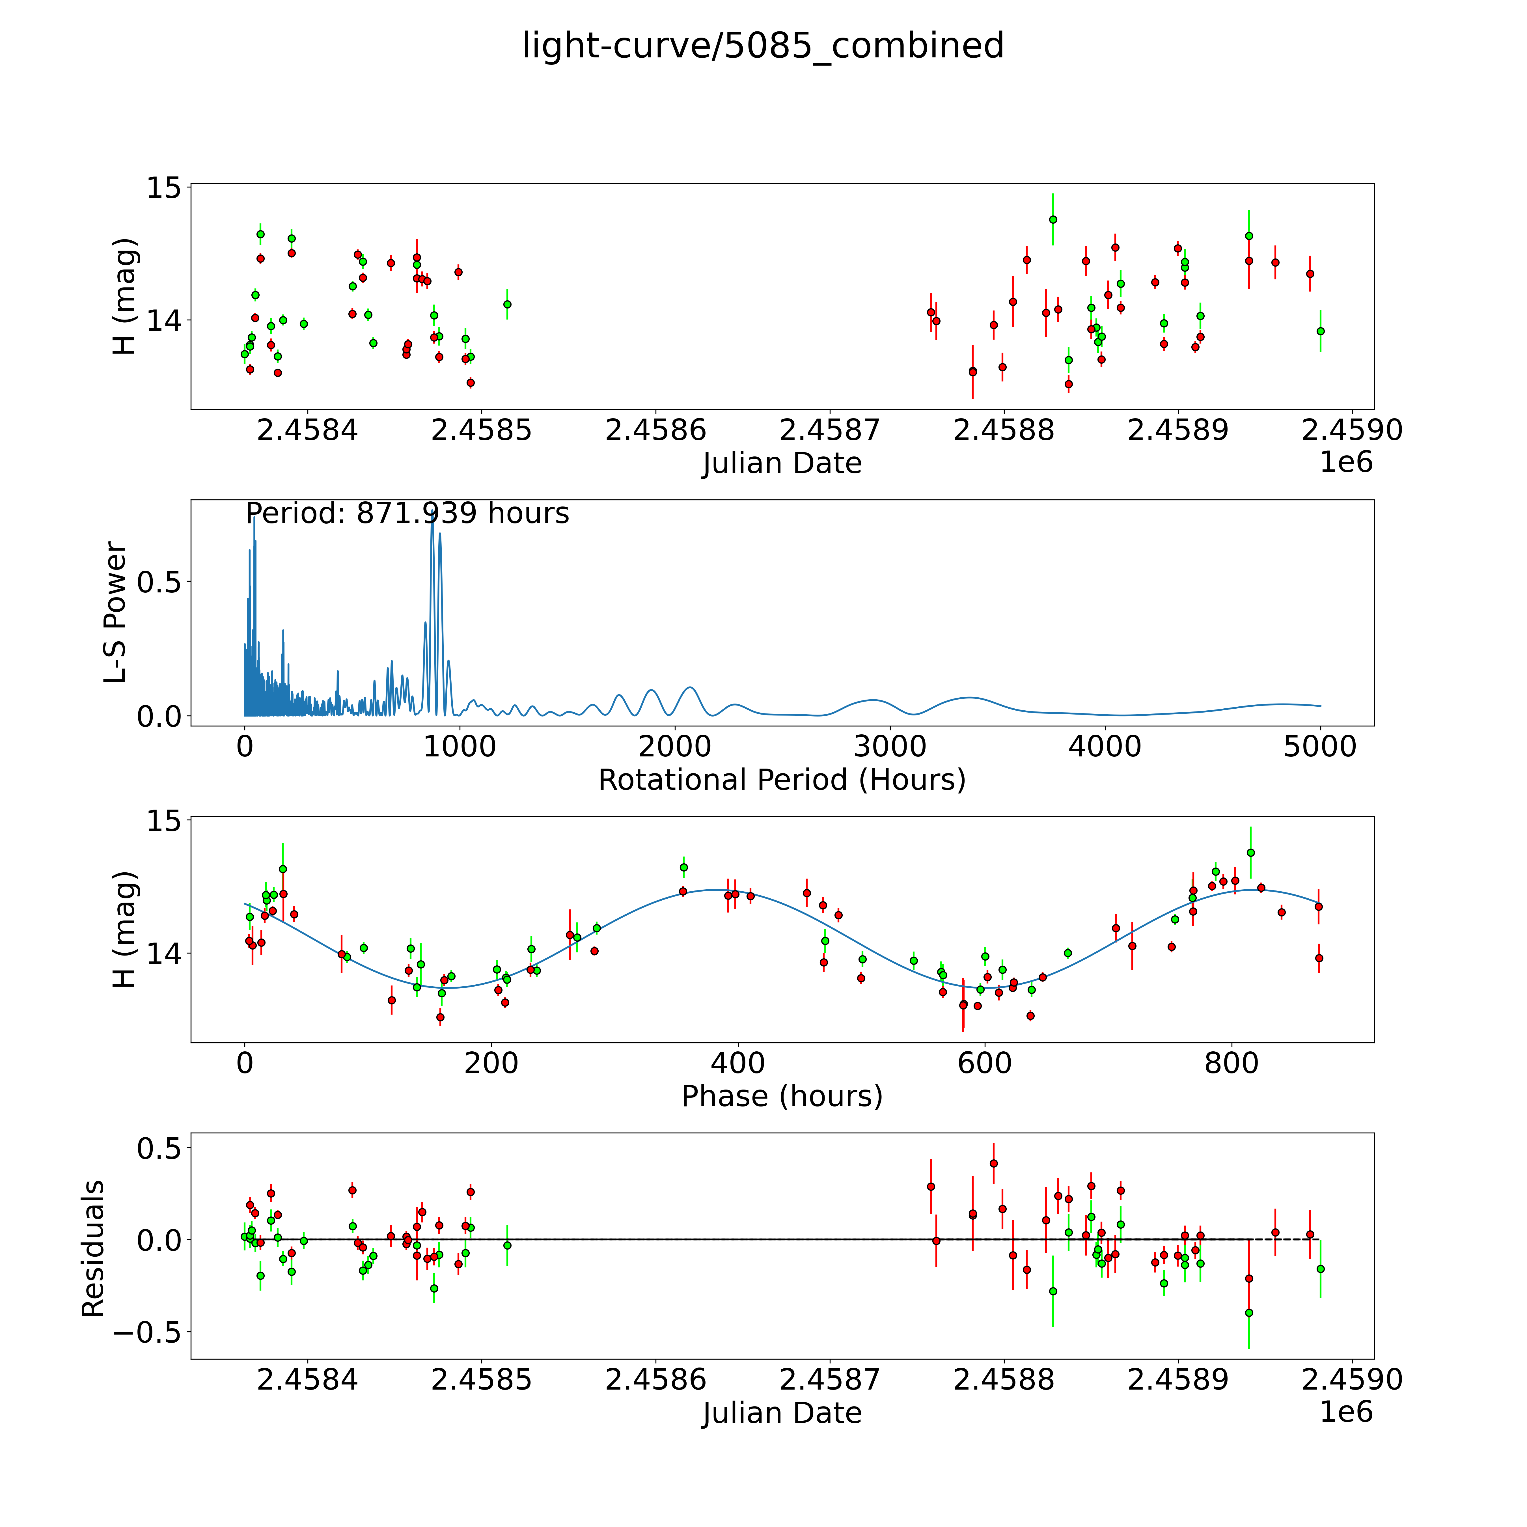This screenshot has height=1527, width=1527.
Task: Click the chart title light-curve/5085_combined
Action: pos(763,46)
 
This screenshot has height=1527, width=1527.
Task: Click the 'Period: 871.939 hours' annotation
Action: pos(407,514)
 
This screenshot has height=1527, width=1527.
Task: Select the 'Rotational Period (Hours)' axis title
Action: pos(782,780)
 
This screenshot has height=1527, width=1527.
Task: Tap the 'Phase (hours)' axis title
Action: pos(782,1096)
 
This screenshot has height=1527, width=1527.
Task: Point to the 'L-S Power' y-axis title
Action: pos(115,612)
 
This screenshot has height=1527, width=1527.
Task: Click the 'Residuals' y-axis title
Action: pos(93,1249)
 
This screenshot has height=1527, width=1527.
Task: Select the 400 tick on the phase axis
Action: pos(737,1063)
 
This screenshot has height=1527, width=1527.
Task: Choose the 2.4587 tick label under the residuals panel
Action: pos(830,1379)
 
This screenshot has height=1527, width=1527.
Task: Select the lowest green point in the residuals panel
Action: pos(1249,1313)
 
